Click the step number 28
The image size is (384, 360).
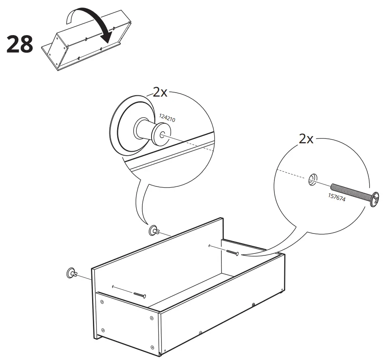(20, 45)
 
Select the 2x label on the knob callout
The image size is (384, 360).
(160, 92)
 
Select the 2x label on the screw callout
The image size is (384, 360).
(306, 139)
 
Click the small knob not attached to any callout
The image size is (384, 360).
(71, 273)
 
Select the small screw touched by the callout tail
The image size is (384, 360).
(232, 252)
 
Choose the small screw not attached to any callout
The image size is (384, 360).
(140, 295)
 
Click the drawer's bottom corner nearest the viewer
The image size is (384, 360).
(160, 353)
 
